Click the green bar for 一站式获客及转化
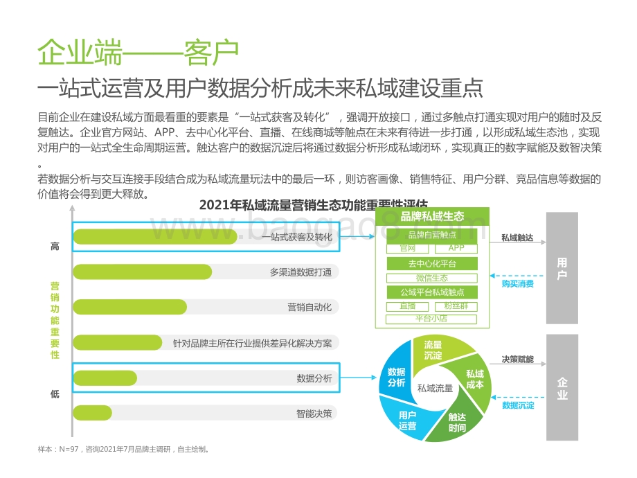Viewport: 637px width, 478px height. tap(155, 237)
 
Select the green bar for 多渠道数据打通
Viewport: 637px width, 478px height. tap(142, 272)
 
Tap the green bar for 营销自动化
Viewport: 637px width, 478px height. tap(129, 307)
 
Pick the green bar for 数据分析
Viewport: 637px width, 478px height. tap(105, 378)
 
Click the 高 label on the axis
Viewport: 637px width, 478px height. tap(55, 246)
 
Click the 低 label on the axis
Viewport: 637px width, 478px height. tap(55, 394)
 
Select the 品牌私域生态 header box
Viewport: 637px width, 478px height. tap(432, 216)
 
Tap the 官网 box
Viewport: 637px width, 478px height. tap(408, 248)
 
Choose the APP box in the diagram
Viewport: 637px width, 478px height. tap(456, 248)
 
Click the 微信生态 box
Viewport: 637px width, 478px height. tap(432, 278)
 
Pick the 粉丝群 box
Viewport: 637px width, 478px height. tap(456, 306)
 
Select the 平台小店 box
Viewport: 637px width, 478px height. tap(432, 319)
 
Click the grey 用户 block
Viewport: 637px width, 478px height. tap(562, 269)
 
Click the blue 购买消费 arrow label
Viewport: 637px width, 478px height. tap(518, 284)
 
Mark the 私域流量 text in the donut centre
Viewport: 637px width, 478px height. tap(435, 389)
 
